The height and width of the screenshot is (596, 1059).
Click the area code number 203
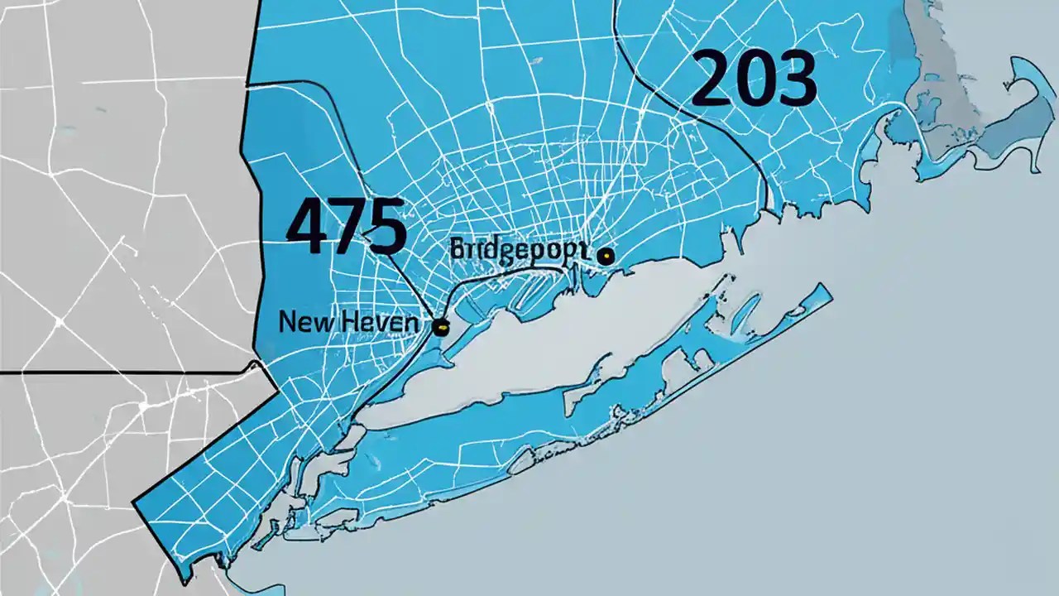point(753,79)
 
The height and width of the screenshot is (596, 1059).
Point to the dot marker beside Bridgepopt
point(606,257)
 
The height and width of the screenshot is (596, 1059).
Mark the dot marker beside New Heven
point(441,327)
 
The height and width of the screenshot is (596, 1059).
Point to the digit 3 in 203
point(796,79)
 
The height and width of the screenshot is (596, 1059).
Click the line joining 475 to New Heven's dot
point(414,286)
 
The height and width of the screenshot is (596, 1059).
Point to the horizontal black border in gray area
point(124,372)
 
